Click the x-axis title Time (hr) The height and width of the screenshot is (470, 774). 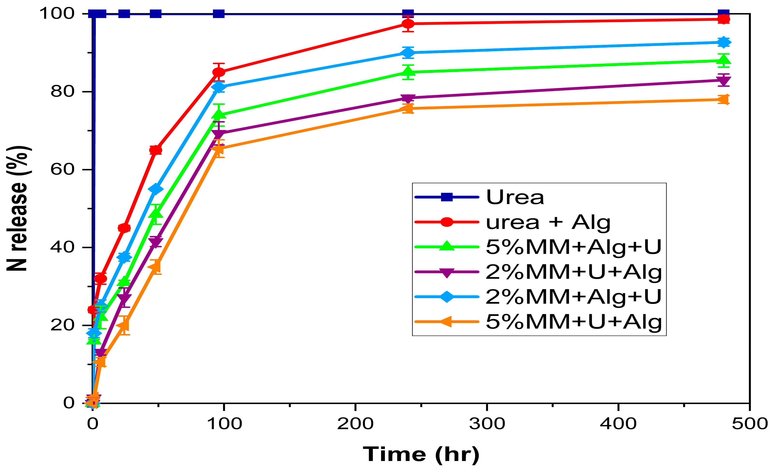coord(421,454)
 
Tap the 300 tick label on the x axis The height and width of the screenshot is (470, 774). coord(487,424)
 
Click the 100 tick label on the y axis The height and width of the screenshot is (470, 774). coord(57,14)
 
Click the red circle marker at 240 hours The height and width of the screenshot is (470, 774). coord(408,23)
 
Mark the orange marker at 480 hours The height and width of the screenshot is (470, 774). coord(723,100)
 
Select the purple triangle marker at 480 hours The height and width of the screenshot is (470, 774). coord(723,80)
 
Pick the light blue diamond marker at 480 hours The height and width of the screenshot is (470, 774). coord(723,42)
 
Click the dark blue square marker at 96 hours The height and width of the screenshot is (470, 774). coord(219,14)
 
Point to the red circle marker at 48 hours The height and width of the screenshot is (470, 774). coord(156,150)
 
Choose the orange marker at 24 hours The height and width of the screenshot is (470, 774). coord(124,325)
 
